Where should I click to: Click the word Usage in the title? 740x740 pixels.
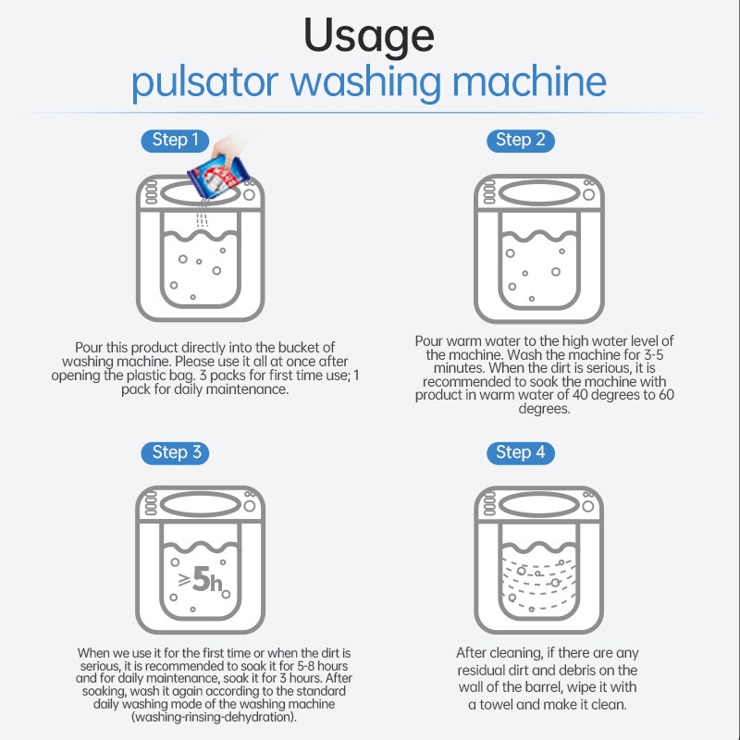point(368,37)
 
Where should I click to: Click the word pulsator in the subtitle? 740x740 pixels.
point(204,82)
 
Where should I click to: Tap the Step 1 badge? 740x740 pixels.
point(175,141)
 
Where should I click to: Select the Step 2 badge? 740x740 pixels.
point(521,141)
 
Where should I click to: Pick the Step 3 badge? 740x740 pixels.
point(175,453)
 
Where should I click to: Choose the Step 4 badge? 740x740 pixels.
point(521,453)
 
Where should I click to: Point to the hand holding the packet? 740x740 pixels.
point(228,146)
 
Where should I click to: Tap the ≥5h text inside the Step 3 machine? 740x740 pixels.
point(201,580)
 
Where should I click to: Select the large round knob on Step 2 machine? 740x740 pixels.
point(588,194)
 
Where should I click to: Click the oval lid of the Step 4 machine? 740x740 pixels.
point(539,492)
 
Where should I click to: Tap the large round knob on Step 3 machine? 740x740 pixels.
point(250,506)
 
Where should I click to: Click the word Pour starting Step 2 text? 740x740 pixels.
point(429,340)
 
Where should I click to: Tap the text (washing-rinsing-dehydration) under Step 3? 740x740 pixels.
point(214,717)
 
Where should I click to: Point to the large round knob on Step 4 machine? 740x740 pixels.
point(588,506)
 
